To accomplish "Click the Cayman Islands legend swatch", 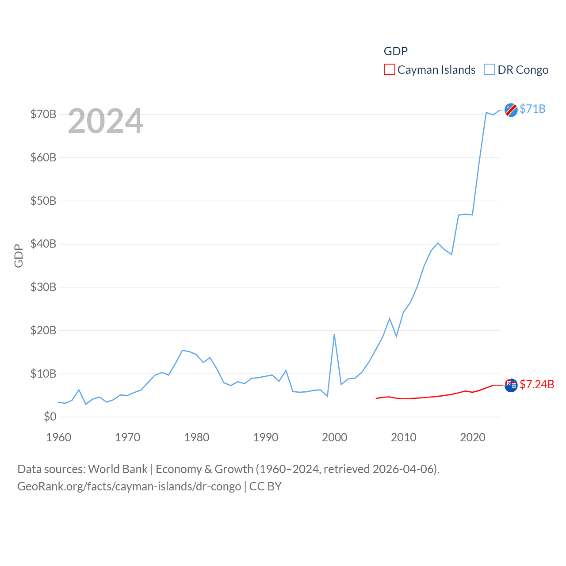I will (389, 70).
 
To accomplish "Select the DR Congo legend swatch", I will (489, 70).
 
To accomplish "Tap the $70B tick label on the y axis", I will (43, 115).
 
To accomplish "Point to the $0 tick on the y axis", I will (50, 417).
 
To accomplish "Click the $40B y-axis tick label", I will (43, 244).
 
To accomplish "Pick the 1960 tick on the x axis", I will (59, 437).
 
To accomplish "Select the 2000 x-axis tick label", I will (335, 437).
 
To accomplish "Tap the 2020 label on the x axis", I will (473, 437).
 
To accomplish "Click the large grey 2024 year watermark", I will (106, 121).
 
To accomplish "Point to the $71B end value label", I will (532, 109).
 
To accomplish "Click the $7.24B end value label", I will (537, 384).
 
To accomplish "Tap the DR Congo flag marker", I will (511, 110).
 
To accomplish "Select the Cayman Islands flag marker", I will (511, 385).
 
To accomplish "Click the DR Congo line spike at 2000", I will (334, 335).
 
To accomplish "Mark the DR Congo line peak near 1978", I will (183, 350).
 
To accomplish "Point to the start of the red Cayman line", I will (376, 398).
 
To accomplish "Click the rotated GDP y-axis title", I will (19, 256).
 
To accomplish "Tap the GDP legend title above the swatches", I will (395, 51).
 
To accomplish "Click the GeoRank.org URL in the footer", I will (129, 486).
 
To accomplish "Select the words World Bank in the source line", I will (118, 469).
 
